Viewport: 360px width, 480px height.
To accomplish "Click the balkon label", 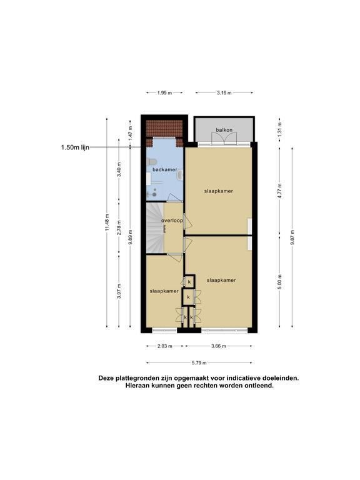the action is click(x=224, y=130).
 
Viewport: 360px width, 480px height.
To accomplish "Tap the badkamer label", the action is click(x=165, y=169).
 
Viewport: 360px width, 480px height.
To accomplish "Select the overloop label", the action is click(x=172, y=221).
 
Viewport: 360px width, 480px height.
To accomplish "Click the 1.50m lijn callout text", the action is click(x=75, y=147).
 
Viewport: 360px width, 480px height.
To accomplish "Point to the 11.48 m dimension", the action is click(x=107, y=222).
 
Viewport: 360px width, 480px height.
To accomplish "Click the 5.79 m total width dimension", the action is click(x=199, y=363).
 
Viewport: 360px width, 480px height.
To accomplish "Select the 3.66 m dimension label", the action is click(x=219, y=346).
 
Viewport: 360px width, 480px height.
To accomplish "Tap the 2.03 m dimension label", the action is click(x=165, y=346).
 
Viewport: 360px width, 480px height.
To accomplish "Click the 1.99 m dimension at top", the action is click(x=165, y=92).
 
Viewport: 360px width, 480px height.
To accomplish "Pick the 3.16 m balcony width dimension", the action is click(x=224, y=92).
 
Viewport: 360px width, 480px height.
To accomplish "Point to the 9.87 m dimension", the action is click(x=292, y=237).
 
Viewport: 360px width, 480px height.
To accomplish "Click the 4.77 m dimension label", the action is click(x=279, y=191).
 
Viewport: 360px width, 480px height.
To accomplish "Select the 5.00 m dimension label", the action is click(x=279, y=282).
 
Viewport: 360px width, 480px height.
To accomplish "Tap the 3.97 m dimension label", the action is click(x=119, y=291).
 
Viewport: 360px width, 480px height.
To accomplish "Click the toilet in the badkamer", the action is click(x=152, y=162).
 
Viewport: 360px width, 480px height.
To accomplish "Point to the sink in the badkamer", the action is click(x=180, y=175).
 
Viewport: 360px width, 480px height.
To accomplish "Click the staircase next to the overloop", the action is click(x=155, y=228).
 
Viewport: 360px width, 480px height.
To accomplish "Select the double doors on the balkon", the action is click(x=224, y=139).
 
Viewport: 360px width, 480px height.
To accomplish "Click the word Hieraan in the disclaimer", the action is click(x=137, y=386).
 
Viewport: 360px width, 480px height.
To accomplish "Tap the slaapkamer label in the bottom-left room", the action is click(x=164, y=291).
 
